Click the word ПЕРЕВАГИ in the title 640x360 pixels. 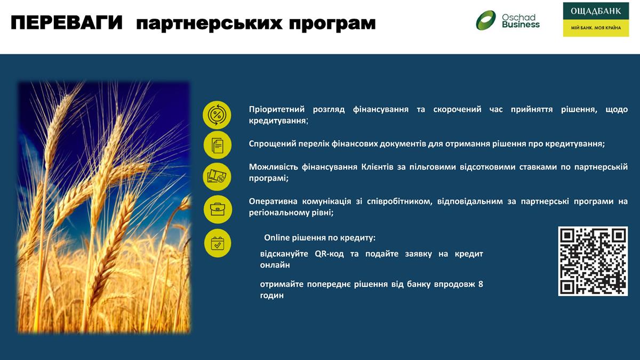click(x=67, y=22)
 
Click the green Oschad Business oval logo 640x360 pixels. click(x=486, y=20)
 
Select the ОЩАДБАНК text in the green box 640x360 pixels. click(x=596, y=11)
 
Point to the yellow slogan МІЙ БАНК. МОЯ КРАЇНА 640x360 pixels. click(x=596, y=28)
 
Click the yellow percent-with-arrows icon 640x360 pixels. click(x=217, y=115)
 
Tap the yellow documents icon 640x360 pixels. click(x=218, y=145)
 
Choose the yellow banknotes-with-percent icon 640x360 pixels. click(x=217, y=177)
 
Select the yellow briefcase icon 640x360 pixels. click(x=218, y=210)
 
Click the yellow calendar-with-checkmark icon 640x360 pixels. click(x=218, y=243)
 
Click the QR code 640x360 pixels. click(x=593, y=261)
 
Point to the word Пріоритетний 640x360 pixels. click(x=277, y=109)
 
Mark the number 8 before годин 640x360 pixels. click(x=481, y=284)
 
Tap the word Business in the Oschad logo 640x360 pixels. click(x=521, y=25)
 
